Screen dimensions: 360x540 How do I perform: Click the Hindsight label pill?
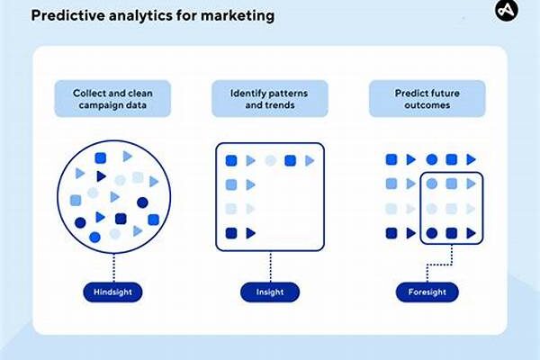tap(114, 292)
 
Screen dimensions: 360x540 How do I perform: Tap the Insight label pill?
tap(270, 292)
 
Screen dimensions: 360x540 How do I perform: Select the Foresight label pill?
tap(427, 292)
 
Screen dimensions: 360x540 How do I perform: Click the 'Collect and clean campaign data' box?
tap(114, 99)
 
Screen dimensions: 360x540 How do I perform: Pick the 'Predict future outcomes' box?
tap(426, 99)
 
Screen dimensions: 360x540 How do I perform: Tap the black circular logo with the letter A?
tap(508, 11)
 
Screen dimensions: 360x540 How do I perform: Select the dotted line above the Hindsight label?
tap(114, 267)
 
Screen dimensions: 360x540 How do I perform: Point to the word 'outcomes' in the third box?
tap(426, 106)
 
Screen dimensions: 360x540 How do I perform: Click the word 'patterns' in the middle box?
tap(291, 92)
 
